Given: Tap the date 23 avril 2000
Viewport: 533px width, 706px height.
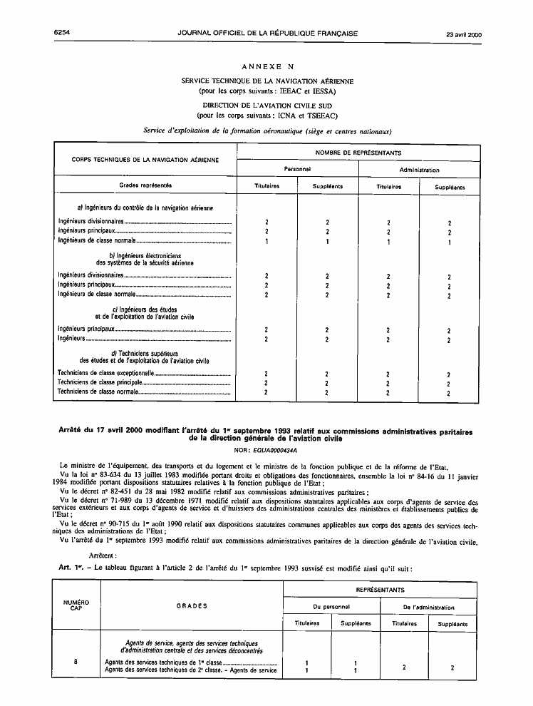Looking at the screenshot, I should coord(464,34).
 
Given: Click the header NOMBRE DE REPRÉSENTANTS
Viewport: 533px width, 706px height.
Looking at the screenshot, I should coord(358,153).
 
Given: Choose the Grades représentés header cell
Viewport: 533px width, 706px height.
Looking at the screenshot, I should coord(145,185).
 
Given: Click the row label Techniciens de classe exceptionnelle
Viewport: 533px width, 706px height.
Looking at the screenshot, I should coord(105,373).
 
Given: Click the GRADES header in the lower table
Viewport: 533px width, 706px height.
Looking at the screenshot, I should coord(192,606).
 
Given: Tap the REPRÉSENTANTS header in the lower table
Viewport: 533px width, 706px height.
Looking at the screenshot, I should coord(381,590).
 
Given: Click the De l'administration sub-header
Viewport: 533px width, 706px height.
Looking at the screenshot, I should coord(429,607).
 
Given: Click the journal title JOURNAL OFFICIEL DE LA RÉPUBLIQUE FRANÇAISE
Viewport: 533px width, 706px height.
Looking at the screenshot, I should coord(267,34).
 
